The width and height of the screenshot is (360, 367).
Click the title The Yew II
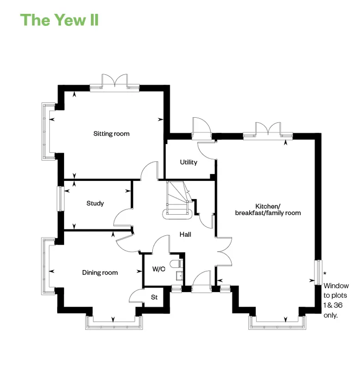point(60,20)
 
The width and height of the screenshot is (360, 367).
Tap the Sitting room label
point(111,134)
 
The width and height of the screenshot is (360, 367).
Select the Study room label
point(95,203)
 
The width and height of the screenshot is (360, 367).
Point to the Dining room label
point(100,272)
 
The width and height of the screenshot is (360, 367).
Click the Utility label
point(188,162)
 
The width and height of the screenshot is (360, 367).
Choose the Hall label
point(186,235)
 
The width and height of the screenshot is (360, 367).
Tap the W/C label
point(159,269)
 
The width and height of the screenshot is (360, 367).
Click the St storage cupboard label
point(154,297)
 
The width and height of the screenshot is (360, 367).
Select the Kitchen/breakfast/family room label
point(268,210)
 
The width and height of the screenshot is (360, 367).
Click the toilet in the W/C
point(177,264)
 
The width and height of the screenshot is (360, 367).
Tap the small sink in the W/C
point(180,276)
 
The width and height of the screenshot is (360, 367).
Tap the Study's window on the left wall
point(60,199)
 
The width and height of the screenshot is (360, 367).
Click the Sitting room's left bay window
point(48,132)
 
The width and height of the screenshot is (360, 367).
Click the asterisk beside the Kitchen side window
point(325,273)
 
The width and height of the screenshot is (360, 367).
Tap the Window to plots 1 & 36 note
point(336,301)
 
